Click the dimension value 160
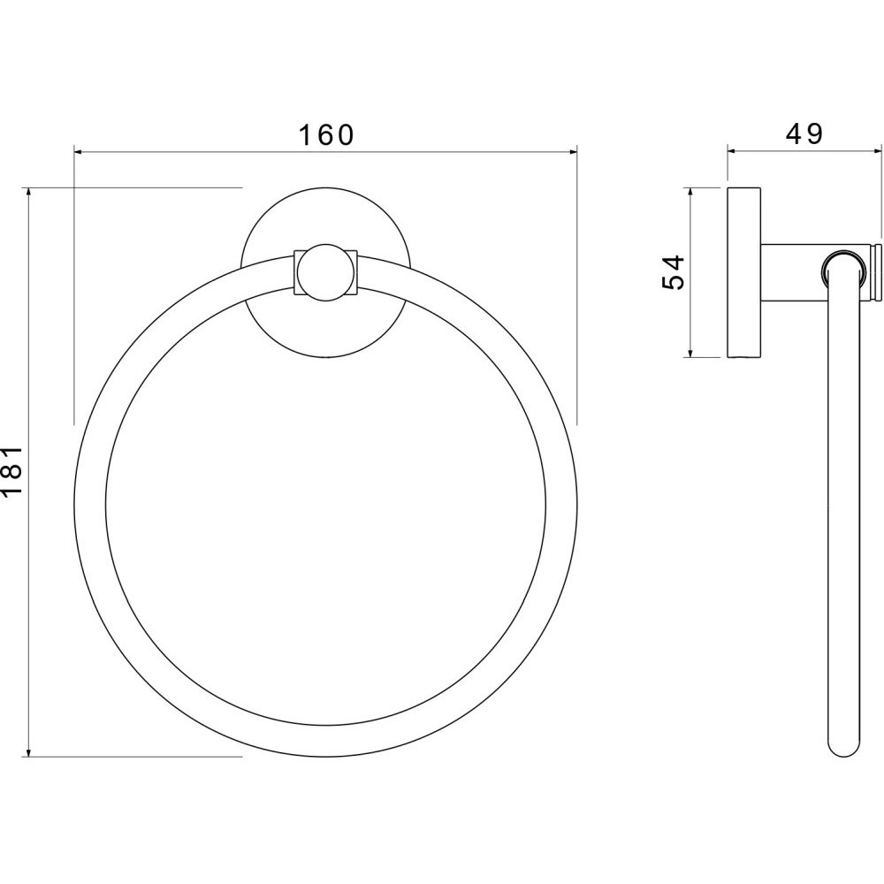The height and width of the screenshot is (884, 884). click(326, 135)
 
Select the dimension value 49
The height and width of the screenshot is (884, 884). click(804, 134)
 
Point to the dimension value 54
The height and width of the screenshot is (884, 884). click(673, 271)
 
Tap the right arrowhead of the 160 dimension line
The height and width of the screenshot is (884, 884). click(571, 151)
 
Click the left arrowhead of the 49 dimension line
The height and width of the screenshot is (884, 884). click(734, 150)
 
